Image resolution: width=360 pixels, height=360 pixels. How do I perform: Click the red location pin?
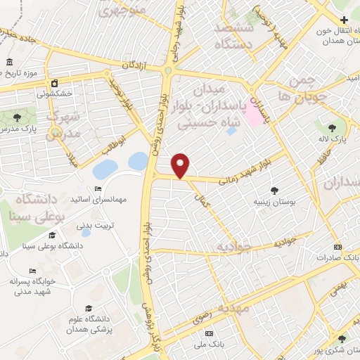click(181, 165)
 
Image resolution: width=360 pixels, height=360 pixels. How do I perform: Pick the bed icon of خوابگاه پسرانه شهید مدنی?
click(32, 271)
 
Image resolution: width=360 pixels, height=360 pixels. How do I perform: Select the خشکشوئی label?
click(55, 92)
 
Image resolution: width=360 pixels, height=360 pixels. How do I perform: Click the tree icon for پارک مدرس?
click(18, 117)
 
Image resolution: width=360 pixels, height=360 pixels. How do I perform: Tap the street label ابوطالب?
click(110, 144)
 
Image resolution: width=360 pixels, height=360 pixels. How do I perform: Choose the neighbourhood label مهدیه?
click(232, 309)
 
